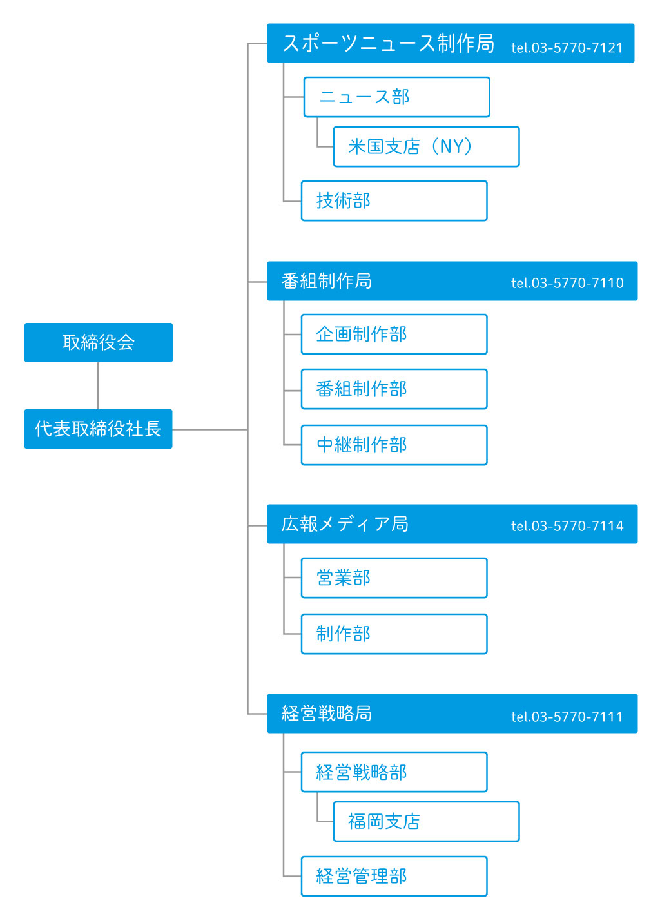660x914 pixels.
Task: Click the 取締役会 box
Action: point(99,342)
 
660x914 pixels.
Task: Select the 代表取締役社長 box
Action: point(99,429)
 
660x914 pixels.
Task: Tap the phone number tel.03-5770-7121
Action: point(567,48)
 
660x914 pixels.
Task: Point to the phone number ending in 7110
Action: point(567,283)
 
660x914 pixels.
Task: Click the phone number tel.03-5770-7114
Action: point(567,526)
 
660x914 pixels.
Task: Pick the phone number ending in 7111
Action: point(567,717)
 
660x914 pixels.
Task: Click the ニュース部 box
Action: point(396,97)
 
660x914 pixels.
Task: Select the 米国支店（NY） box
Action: point(426,146)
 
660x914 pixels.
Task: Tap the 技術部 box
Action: point(394,200)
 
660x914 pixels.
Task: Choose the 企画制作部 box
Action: point(394,334)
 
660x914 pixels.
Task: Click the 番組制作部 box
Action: point(394,389)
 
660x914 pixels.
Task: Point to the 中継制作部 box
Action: point(394,445)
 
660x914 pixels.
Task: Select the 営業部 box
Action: point(394,578)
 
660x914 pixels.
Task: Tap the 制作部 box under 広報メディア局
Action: point(394,634)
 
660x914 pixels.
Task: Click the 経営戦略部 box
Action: point(394,772)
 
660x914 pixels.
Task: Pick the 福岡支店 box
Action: point(426,821)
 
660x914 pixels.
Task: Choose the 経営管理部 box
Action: point(394,876)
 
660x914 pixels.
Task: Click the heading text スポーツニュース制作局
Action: point(389,43)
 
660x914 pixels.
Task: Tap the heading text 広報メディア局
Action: point(345,524)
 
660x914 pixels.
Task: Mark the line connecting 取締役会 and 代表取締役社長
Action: point(99,385)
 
